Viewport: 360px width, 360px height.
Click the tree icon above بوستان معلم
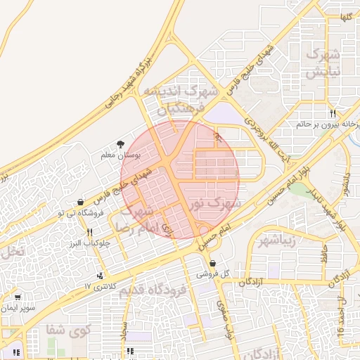[122, 142]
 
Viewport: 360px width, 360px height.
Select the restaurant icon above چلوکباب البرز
[89, 232]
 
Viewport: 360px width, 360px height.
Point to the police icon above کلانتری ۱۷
[101, 276]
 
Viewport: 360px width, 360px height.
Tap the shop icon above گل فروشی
[212, 263]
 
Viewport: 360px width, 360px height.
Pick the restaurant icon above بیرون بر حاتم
[333, 113]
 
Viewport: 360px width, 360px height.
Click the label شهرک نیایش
[324, 63]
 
